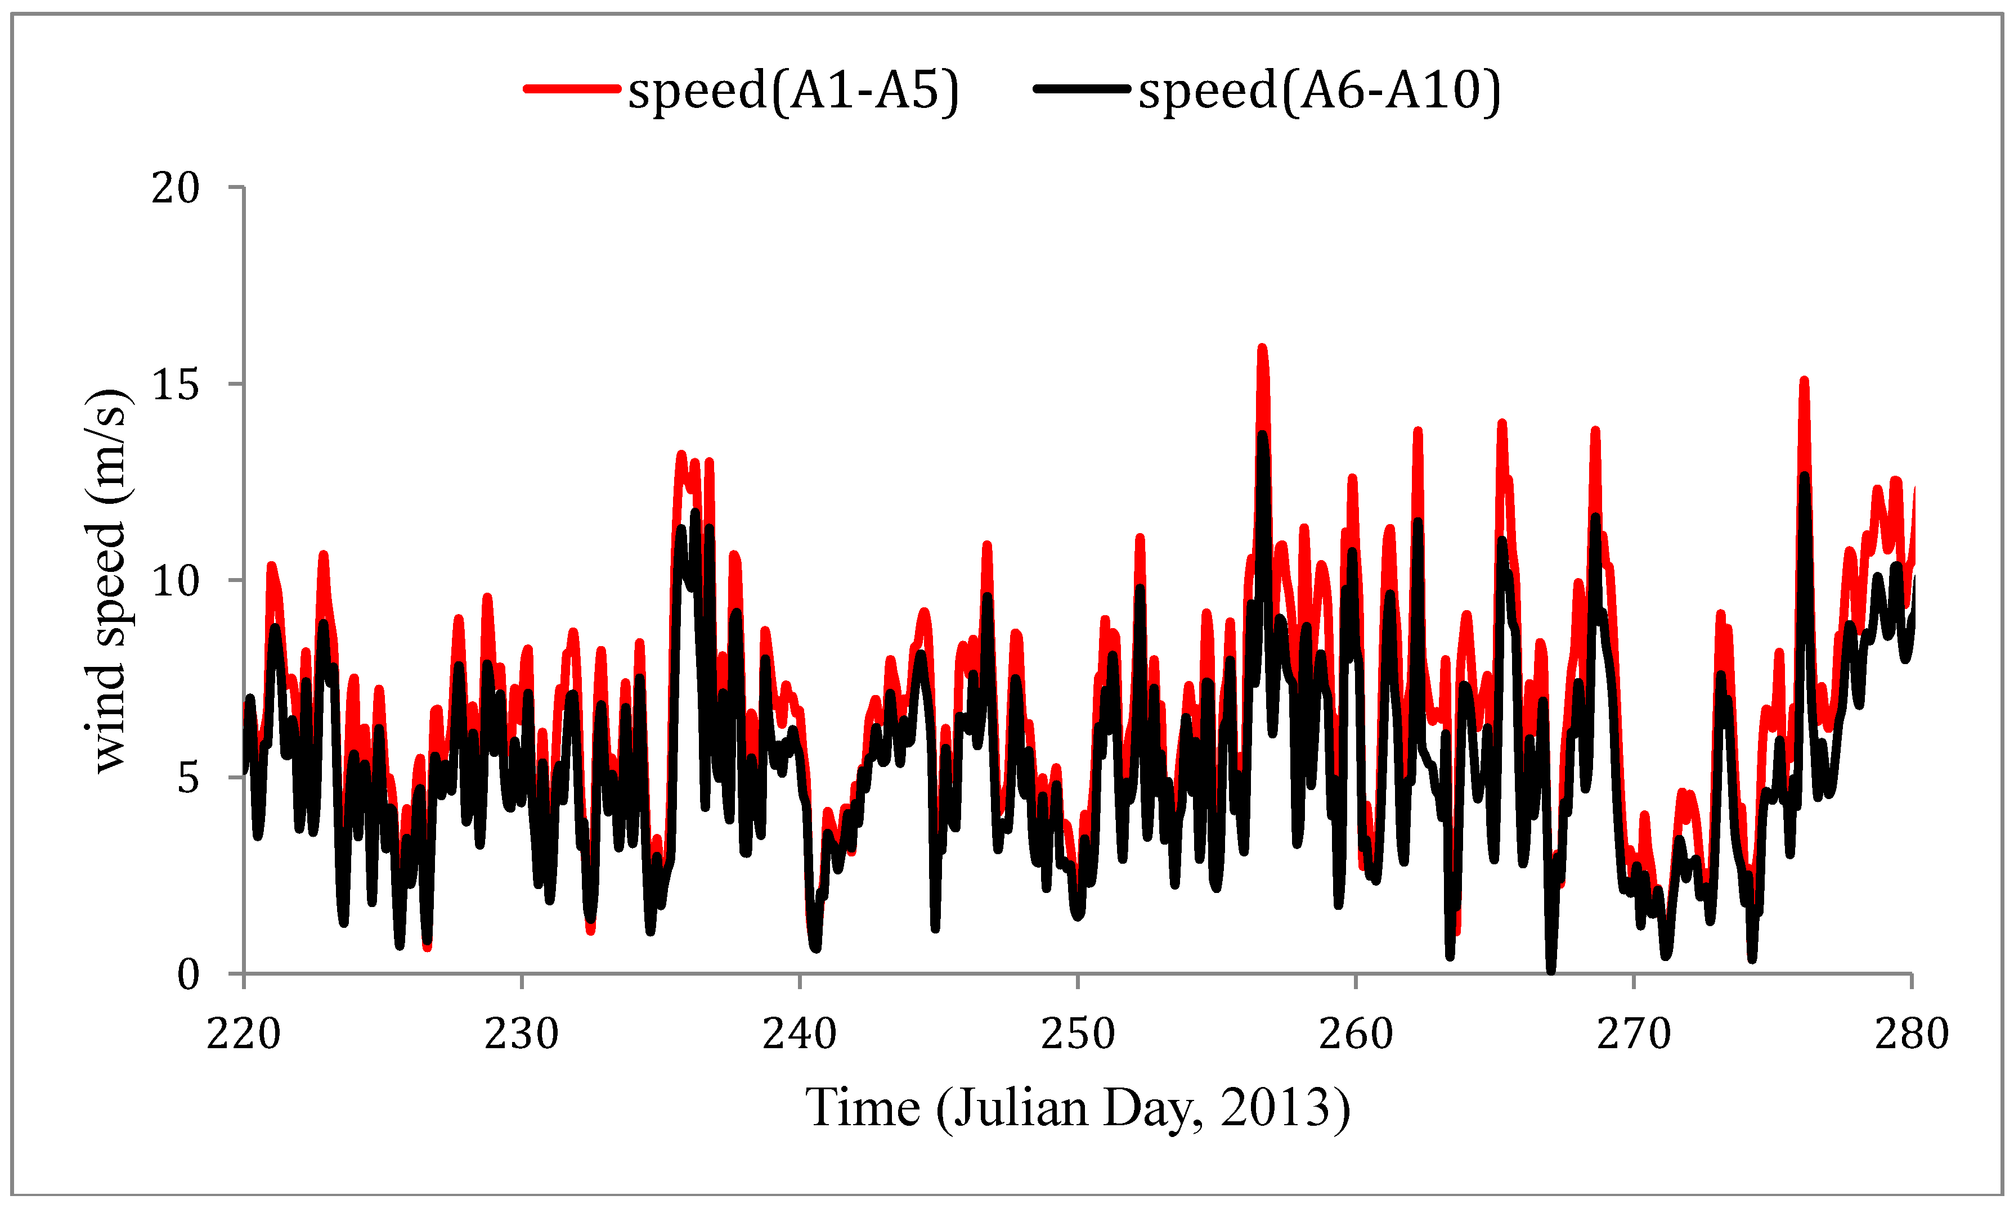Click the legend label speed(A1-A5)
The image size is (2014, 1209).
click(x=793, y=89)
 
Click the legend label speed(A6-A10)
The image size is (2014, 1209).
click(x=1319, y=89)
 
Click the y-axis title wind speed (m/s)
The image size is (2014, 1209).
click(x=107, y=580)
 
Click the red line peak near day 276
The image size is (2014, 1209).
click(x=1805, y=381)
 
